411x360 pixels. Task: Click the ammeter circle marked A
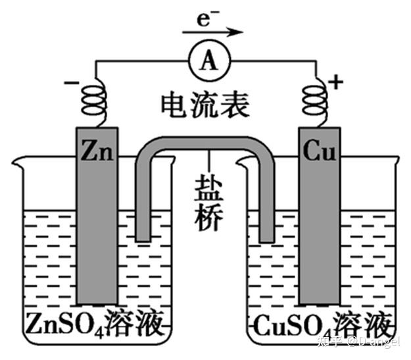pyautogui.click(x=209, y=61)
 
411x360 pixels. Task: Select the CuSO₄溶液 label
pyautogui.click(x=322, y=323)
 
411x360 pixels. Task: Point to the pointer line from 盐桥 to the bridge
pyautogui.click(x=210, y=162)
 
